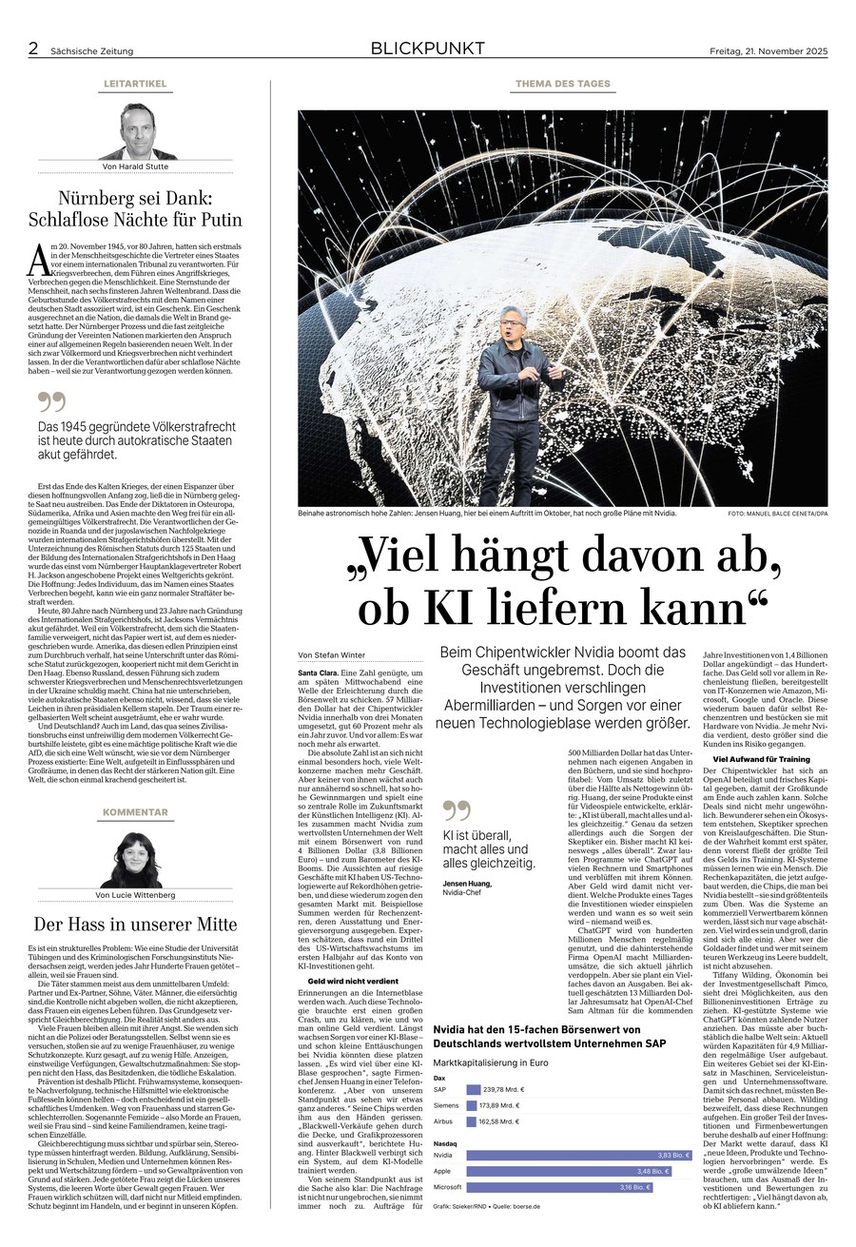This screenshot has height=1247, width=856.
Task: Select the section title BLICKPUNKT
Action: [x=427, y=49]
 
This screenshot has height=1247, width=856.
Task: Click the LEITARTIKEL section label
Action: [x=135, y=85]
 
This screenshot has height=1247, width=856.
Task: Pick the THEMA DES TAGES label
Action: [x=563, y=85]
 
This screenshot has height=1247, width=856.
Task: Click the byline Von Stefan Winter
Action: [x=332, y=655]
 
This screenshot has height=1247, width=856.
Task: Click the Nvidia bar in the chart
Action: [x=579, y=1153]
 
